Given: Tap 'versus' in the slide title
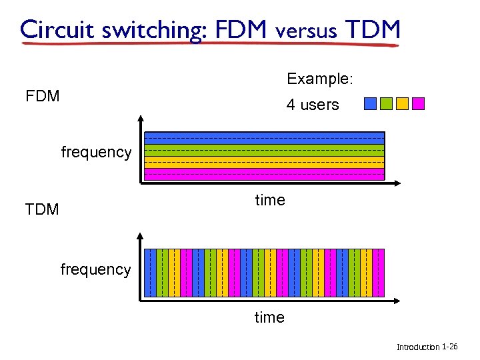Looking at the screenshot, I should pyautogui.click(x=306, y=30).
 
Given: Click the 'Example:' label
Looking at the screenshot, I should pyautogui.click(x=320, y=79).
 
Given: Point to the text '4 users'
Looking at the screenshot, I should pyautogui.click(x=313, y=105).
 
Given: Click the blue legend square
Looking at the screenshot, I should pyautogui.click(x=371, y=103).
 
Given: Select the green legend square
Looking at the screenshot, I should pyautogui.click(x=386, y=103).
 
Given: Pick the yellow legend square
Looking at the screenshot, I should pyautogui.click(x=402, y=103).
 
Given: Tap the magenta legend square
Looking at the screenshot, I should pyautogui.click(x=418, y=103).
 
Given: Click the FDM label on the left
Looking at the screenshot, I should pyautogui.click(x=43, y=96).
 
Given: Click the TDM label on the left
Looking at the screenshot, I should pyautogui.click(x=42, y=209).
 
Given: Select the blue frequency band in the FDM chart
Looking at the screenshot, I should pyautogui.click(x=264, y=139).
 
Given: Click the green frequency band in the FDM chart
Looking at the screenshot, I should pyautogui.click(x=264, y=151).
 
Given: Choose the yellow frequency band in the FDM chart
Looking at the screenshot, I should pyautogui.click(x=264, y=163).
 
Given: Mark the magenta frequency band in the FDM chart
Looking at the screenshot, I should pyautogui.click(x=264, y=175).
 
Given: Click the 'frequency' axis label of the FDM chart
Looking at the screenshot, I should pyautogui.click(x=96, y=152).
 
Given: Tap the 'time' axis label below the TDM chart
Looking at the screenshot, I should pyautogui.click(x=269, y=317).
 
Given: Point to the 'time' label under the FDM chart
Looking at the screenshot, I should pyautogui.click(x=270, y=200).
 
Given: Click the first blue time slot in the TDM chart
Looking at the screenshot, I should pyautogui.click(x=151, y=272).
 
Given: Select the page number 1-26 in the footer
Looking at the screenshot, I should pyautogui.click(x=454, y=347).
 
